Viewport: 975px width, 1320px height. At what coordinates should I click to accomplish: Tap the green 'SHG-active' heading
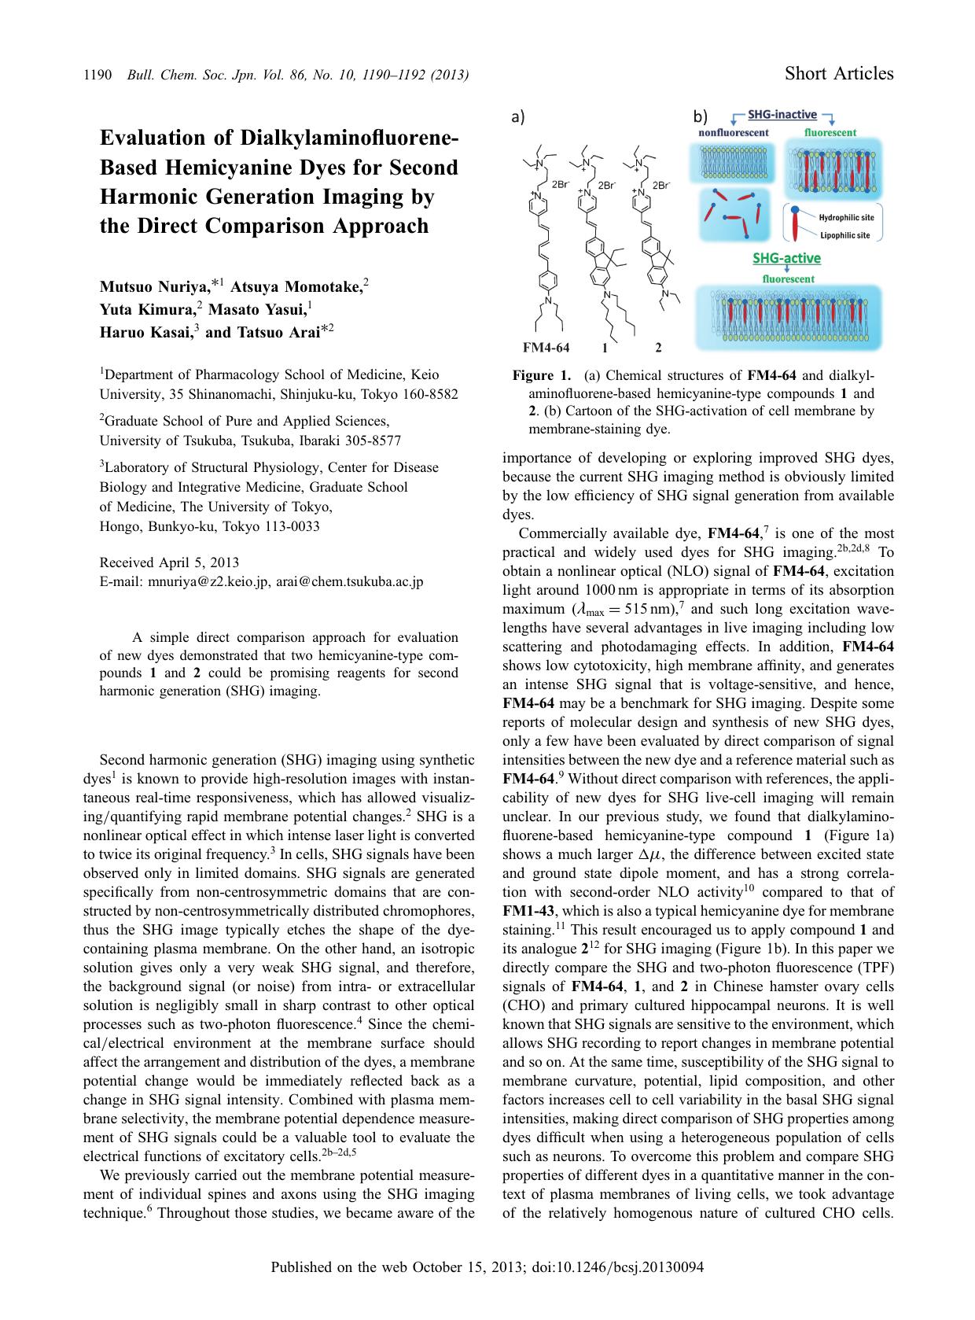786,258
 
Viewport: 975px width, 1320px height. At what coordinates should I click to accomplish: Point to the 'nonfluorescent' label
734,132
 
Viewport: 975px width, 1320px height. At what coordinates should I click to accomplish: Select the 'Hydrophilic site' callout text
846,218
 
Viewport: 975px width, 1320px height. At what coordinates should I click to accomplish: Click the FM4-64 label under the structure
546,347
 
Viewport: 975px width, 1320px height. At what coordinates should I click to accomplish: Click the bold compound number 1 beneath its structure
605,347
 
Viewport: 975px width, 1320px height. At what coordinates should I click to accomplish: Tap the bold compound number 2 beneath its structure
658,347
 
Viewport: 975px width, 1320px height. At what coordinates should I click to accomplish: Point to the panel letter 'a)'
517,117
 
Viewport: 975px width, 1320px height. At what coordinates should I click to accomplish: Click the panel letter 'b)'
700,117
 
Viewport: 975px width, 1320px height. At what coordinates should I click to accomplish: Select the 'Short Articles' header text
839,74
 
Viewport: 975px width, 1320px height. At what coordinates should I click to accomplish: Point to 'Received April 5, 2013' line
169,562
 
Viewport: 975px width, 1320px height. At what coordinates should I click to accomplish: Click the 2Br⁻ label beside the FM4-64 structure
560,184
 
